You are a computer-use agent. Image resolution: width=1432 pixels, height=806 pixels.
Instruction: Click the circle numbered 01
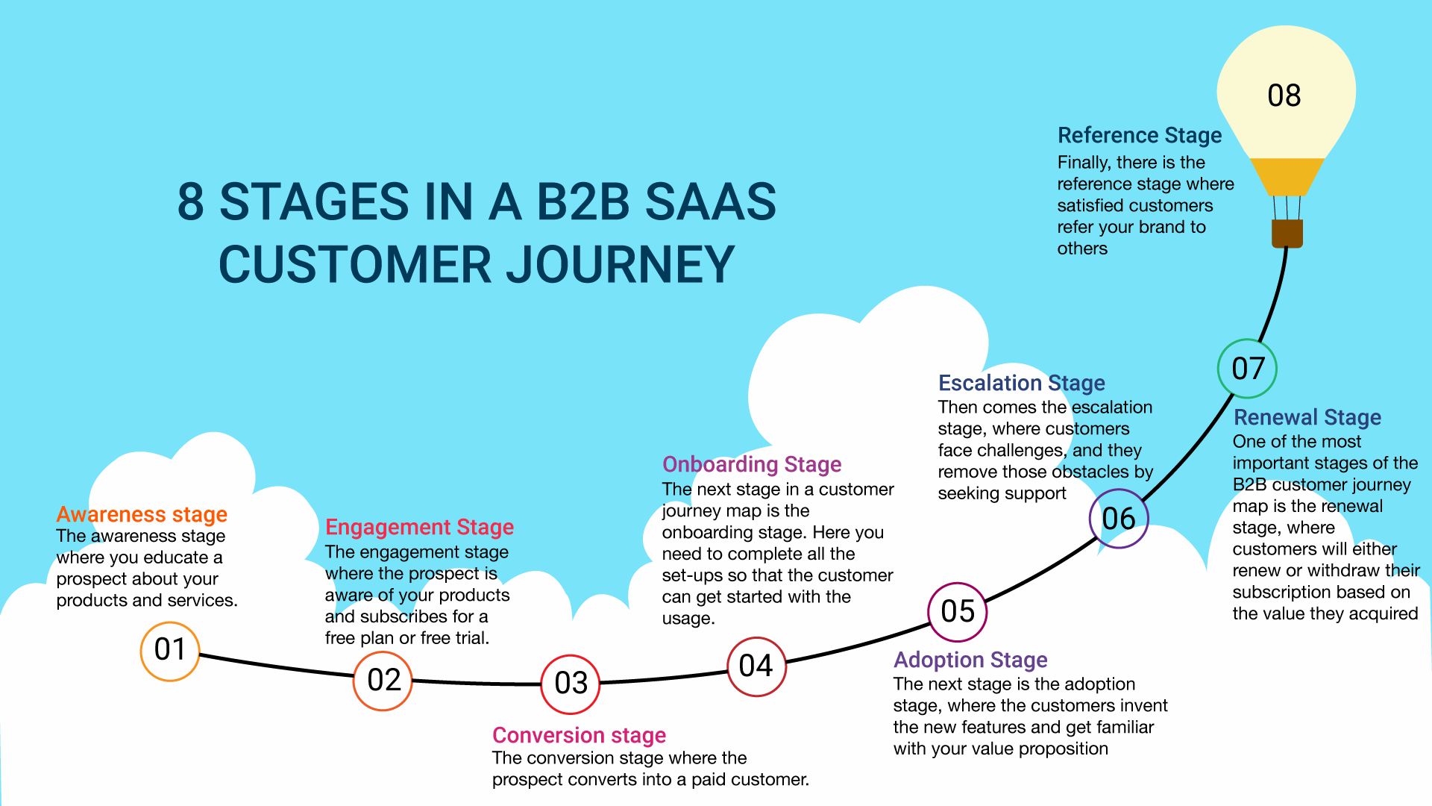(x=170, y=651)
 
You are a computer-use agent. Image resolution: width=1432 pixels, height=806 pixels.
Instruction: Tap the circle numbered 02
(x=383, y=681)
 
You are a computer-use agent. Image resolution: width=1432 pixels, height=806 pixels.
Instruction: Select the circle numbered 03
(x=571, y=684)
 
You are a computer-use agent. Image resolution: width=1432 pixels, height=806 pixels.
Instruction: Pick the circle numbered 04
(x=756, y=666)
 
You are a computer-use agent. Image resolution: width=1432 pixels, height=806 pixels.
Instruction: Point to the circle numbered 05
(x=958, y=612)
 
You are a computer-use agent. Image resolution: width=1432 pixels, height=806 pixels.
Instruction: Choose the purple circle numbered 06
(x=1119, y=519)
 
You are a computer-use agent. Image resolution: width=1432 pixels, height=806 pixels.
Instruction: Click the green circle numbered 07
(x=1248, y=369)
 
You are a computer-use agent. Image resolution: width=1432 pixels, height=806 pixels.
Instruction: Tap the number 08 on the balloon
(x=1284, y=96)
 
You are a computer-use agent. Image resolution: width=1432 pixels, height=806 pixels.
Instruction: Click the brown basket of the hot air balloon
(x=1287, y=233)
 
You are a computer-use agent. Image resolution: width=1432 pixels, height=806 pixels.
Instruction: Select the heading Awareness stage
(x=142, y=514)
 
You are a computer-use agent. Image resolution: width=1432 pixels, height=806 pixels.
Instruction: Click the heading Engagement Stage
(x=419, y=527)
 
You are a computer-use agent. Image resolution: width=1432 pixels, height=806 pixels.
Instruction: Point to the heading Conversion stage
(x=579, y=735)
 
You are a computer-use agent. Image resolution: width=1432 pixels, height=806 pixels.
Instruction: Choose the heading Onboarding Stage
(x=752, y=464)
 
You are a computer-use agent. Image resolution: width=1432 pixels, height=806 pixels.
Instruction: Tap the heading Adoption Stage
(x=970, y=660)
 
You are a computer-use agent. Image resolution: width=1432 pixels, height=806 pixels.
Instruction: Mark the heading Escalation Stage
(x=1021, y=383)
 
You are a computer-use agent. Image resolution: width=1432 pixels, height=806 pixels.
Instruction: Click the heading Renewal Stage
(x=1307, y=417)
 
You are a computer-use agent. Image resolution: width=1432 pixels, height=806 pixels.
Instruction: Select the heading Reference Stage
(x=1140, y=135)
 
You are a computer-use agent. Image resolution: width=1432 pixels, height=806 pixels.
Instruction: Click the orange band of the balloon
(x=1287, y=176)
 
